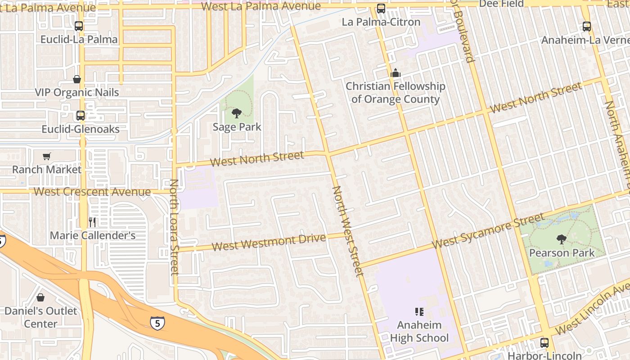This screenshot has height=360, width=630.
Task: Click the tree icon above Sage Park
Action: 236,113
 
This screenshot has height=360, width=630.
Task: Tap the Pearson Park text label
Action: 562,253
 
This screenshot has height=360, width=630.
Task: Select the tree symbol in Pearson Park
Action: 561,239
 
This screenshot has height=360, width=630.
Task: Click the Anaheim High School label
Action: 419,331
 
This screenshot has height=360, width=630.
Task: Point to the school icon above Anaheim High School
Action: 419,311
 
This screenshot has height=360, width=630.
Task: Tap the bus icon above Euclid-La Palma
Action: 79,26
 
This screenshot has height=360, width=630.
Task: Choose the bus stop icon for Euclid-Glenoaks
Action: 81,116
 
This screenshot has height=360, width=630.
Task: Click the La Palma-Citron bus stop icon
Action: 381,9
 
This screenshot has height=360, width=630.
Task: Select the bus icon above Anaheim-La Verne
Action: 587,27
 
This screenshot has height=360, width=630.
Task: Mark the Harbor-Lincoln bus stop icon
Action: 544,343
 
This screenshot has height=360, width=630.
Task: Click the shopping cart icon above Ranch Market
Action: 46,156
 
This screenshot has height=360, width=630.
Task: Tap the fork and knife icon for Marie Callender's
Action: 92,222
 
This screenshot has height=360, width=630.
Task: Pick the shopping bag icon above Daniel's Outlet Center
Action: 40,297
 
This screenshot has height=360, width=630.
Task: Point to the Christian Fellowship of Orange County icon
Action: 396,73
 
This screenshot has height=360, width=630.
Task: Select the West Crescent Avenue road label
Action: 92,192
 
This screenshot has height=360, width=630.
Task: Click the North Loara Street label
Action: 174,227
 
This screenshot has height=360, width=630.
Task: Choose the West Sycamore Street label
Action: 489,231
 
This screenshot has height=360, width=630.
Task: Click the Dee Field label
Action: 501,4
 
